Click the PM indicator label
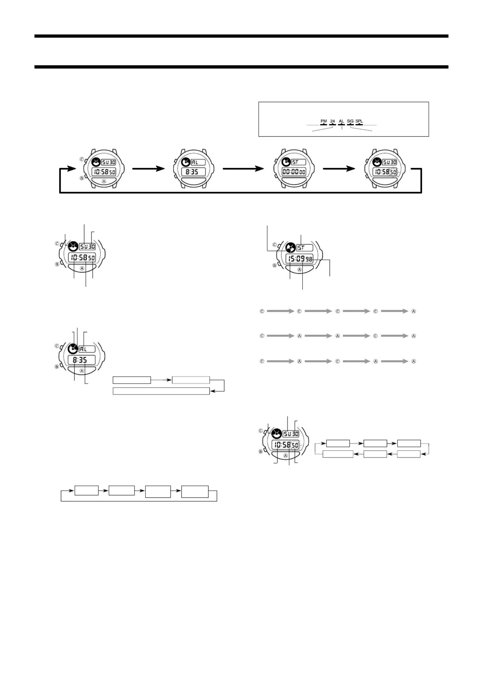324,121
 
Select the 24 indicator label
332,121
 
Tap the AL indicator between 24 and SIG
341,121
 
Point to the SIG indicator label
350,121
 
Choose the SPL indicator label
359,121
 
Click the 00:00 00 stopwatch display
294,172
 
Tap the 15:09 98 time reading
299,259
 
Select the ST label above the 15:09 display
301,248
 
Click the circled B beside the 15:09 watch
275,265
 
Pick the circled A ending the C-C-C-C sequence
414,311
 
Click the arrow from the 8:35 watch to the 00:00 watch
243,169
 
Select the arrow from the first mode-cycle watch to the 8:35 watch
148,169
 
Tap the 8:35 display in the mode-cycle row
193,172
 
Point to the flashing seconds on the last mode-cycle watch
394,172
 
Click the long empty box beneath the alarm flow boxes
161,391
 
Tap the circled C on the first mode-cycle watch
82,159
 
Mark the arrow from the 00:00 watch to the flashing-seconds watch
339,169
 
